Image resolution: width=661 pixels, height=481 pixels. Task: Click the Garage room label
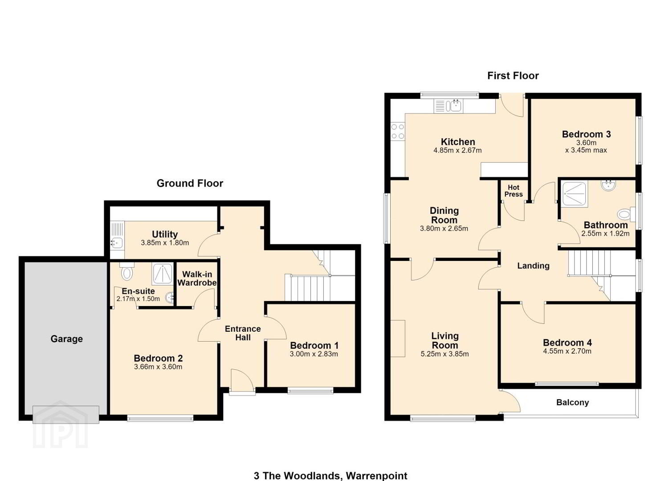[x=66, y=339]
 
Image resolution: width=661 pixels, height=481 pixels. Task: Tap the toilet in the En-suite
[x=127, y=271]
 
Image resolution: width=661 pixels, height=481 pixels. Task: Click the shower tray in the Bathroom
[x=574, y=194]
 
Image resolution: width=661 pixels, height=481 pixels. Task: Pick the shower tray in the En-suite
[x=163, y=273]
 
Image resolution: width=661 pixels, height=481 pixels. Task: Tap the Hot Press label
[x=514, y=191]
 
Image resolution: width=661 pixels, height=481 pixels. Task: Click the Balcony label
[x=572, y=403]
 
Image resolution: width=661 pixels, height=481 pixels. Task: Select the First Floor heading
[x=513, y=76]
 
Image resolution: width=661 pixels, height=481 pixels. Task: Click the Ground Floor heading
[x=190, y=183]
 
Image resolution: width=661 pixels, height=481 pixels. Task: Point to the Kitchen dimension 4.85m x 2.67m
[x=457, y=151]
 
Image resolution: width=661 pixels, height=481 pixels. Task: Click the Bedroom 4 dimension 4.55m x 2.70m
[x=567, y=351]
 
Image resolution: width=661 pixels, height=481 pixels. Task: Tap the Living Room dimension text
[x=445, y=354]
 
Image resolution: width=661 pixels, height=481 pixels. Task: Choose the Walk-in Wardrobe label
[x=197, y=278]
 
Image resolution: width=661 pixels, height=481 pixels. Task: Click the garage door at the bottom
[x=65, y=415]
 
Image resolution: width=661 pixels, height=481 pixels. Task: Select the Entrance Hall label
[x=243, y=333]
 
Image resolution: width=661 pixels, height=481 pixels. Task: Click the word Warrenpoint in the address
[x=376, y=476]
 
